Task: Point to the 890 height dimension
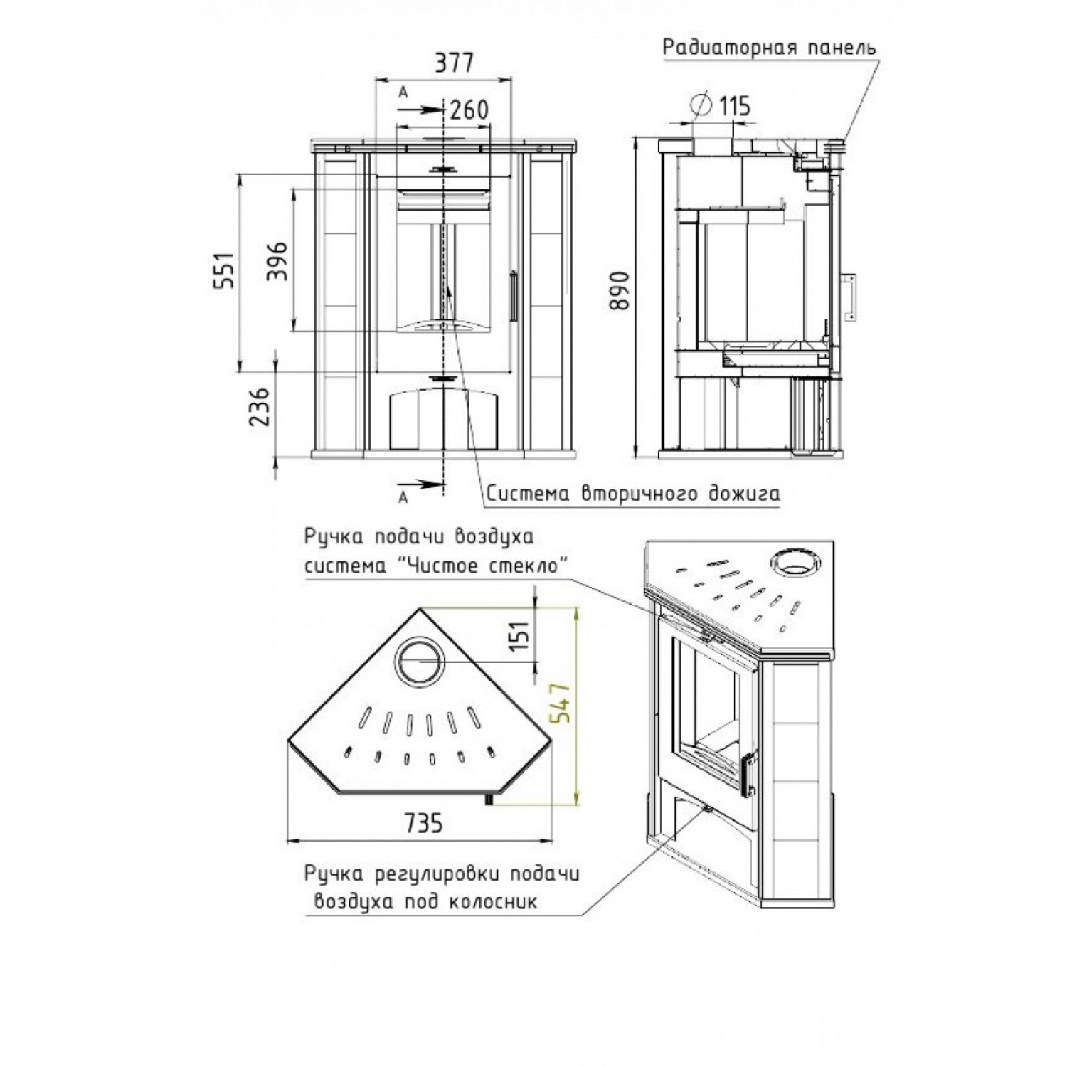(620, 291)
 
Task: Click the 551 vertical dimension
(224, 271)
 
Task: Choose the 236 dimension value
(261, 406)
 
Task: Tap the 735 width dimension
(423, 823)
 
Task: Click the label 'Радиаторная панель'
(770, 48)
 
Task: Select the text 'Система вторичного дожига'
(632, 494)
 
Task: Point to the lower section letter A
(403, 497)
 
